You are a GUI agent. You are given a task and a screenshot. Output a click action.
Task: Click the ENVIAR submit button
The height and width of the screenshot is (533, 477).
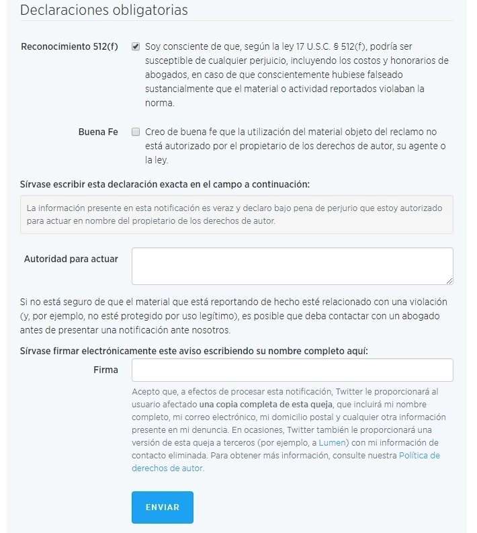[x=162, y=507]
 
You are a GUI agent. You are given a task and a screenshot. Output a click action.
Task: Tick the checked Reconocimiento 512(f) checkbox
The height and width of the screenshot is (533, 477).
[x=136, y=47]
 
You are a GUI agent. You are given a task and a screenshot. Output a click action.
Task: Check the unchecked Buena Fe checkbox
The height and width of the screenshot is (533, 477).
[x=136, y=132]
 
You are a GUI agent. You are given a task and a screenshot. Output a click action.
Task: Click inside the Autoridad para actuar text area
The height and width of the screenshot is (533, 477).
[x=292, y=265]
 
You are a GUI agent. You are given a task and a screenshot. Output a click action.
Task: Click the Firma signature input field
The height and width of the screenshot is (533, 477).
[x=292, y=370]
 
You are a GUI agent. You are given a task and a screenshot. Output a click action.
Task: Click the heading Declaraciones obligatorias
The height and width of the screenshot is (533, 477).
[x=104, y=10]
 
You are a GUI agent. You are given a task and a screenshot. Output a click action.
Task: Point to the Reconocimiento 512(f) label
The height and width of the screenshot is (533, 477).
[x=69, y=47]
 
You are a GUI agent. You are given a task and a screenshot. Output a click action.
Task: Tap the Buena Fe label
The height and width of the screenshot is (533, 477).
[x=98, y=132]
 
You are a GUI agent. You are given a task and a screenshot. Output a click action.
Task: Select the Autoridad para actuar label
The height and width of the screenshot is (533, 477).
[x=71, y=259]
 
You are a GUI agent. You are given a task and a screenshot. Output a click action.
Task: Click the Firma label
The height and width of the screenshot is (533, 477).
[x=106, y=370]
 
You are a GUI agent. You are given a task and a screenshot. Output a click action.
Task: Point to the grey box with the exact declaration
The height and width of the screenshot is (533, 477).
[x=236, y=214]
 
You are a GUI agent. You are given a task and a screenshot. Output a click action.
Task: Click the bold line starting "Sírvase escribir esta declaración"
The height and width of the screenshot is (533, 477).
[x=165, y=183]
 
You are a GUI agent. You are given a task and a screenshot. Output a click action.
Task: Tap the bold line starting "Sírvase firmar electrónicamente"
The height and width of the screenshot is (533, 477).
[x=194, y=351]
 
